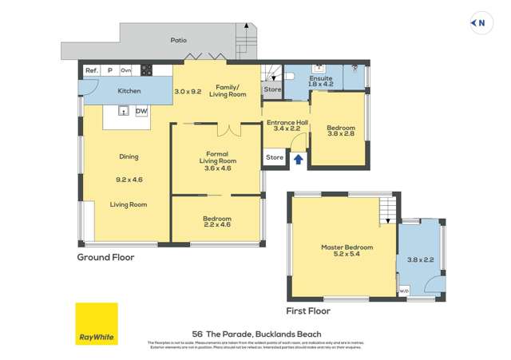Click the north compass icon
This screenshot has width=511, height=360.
coord(479,23)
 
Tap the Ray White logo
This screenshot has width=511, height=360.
coord(97,323)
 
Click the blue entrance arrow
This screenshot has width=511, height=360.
coord(299,159)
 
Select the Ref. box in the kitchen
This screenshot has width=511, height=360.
coord(91,70)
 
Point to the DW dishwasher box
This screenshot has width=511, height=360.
coord(140,111)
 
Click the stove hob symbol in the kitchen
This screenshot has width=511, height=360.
coord(147,70)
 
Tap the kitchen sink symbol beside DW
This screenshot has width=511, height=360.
coord(124,111)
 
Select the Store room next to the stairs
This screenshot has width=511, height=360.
coord(273,89)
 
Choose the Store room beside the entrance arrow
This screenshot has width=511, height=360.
coord(275,157)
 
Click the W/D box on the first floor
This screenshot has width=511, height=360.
coord(403,290)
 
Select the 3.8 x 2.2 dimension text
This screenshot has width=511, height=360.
coord(420,259)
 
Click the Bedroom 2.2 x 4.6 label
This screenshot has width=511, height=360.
coord(216,222)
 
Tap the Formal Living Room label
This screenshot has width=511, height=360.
coord(216,160)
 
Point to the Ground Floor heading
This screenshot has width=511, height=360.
coord(105,257)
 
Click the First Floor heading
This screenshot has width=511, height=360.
coord(307,311)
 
